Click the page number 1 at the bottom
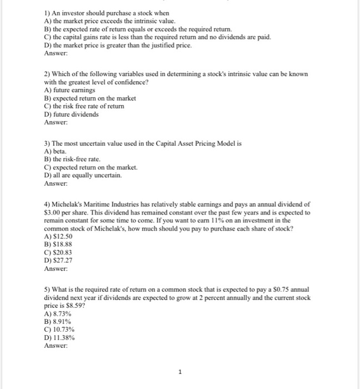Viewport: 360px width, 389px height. point(180,372)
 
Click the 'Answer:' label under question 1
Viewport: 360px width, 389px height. point(55,53)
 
